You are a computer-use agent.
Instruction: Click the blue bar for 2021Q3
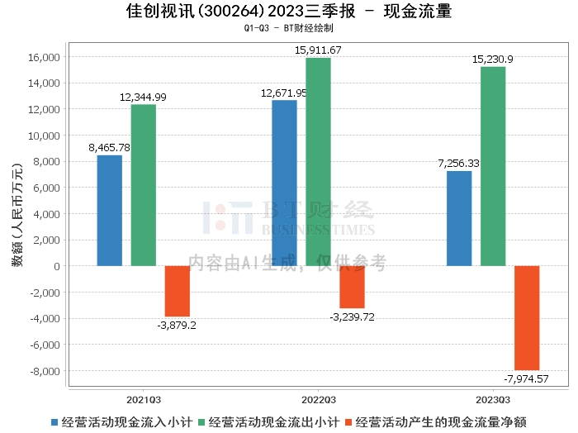pos(110,211)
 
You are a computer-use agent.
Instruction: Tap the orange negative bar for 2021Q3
pos(178,291)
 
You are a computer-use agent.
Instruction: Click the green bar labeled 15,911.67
pos(318,162)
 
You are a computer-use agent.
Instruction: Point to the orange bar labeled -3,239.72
pos(352,287)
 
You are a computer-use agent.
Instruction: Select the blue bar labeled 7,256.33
pos(459,218)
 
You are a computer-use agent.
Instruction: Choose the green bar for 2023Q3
pos(493,166)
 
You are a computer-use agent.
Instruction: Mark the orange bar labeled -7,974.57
pos(527,318)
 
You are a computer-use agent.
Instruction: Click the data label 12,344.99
pos(143,97)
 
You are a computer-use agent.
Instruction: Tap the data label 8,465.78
pos(110,148)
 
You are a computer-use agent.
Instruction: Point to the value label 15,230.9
pos(492,59)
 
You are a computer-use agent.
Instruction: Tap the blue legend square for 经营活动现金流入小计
pos(55,421)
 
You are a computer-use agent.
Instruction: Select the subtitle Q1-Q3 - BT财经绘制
pos(288,28)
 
